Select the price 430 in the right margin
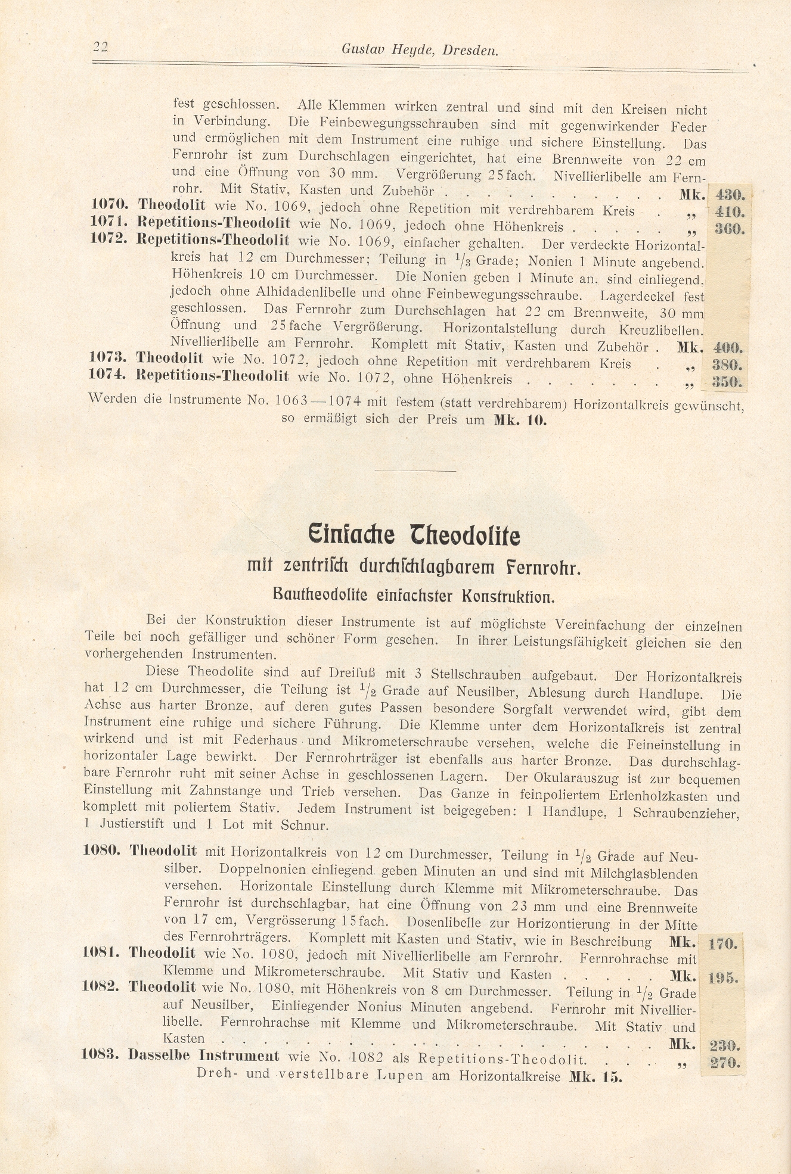coord(730,194)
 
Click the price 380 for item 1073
coord(727,364)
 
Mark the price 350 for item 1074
coord(727,381)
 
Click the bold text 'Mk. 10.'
coord(520,420)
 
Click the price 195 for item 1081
coord(724,977)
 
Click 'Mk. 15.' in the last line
coord(595,1076)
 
